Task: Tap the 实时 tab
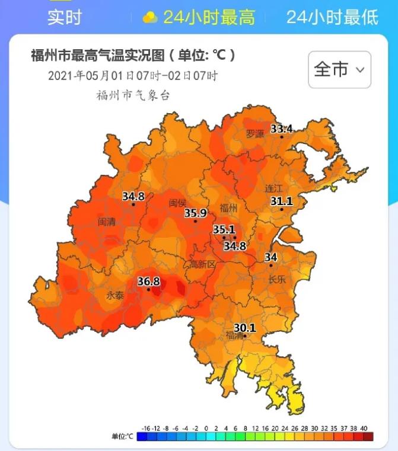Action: pyautogui.click(x=64, y=17)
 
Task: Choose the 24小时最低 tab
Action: pyautogui.click(x=332, y=17)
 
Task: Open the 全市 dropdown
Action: pyautogui.click(x=339, y=70)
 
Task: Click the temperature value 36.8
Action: pyautogui.click(x=149, y=282)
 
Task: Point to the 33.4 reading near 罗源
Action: pyautogui.click(x=282, y=129)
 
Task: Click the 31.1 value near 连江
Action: pyautogui.click(x=282, y=201)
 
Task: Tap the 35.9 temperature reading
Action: pyautogui.click(x=195, y=213)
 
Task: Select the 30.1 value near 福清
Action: pyautogui.click(x=244, y=327)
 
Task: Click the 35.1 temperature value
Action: pyautogui.click(x=224, y=229)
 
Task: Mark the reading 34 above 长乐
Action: pyautogui.click(x=271, y=257)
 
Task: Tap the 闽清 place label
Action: pyautogui.click(x=107, y=222)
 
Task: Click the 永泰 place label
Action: pyautogui.click(x=115, y=295)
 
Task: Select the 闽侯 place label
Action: pyautogui.click(x=177, y=203)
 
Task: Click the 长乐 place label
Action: pyautogui.click(x=277, y=280)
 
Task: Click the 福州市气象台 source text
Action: pyautogui.click(x=133, y=95)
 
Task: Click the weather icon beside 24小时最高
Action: pyautogui.click(x=150, y=17)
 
